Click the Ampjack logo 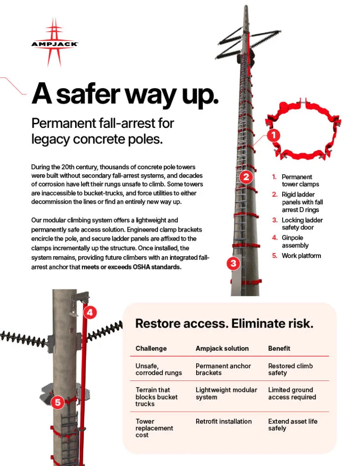[55, 42]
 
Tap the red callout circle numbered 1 [274, 136]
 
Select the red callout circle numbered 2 [246, 177]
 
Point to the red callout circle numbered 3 [233, 263]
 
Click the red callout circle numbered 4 [90, 312]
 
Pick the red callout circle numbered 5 [58, 402]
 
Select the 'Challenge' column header [151, 348]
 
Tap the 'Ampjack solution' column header [222, 348]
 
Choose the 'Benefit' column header [279, 348]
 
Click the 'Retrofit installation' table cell [223, 421]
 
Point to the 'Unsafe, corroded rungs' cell [159, 370]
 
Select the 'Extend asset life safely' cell [293, 425]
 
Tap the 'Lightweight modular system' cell [226, 394]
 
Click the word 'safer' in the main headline [88, 94]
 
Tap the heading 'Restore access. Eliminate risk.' [224, 324]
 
